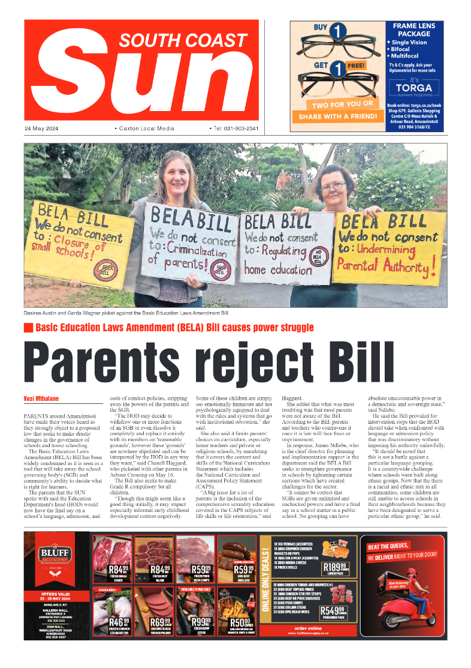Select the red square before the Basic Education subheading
[x=28, y=328]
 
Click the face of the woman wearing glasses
[x=331, y=182]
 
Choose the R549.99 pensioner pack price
[x=337, y=611]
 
